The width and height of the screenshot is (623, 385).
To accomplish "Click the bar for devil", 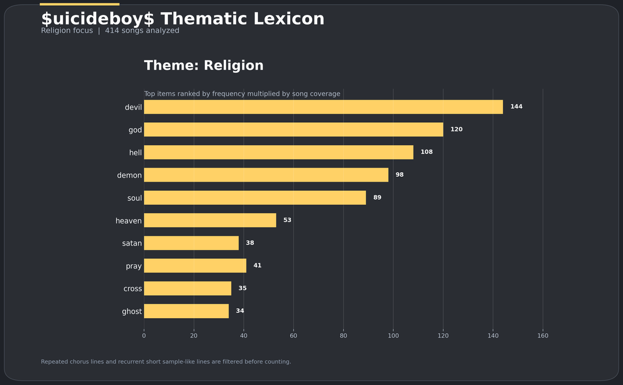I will [x=323, y=107].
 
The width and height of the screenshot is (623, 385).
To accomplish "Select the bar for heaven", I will [x=210, y=220].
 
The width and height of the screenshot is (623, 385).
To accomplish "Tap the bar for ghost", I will [x=186, y=311].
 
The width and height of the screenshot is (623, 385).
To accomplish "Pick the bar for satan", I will [x=191, y=243].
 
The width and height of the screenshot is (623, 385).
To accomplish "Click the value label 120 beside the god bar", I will [x=456, y=130].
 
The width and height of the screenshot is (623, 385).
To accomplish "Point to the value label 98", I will [x=399, y=175].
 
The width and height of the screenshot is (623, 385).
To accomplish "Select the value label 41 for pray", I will [x=257, y=266].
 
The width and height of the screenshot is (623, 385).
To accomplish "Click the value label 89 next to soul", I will [x=377, y=198].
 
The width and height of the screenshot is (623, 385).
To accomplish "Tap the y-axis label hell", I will [x=136, y=153].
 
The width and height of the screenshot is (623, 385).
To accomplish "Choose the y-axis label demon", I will [x=129, y=175].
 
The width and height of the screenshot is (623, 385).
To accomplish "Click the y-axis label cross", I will [x=133, y=289].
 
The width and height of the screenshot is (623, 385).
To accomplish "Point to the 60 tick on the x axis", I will [x=294, y=336].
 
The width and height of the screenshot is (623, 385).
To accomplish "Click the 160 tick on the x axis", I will [x=543, y=336].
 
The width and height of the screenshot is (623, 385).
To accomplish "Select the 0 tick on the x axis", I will [x=144, y=336].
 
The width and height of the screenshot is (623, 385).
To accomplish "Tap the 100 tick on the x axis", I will [x=393, y=336].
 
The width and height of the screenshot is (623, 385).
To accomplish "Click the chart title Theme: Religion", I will [x=204, y=66].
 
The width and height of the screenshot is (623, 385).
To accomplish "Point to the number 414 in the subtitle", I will [x=112, y=31].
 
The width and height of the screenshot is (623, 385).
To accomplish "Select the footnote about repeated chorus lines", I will [x=166, y=362].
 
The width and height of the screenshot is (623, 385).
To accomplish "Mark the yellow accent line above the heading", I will [x=80, y=4].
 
